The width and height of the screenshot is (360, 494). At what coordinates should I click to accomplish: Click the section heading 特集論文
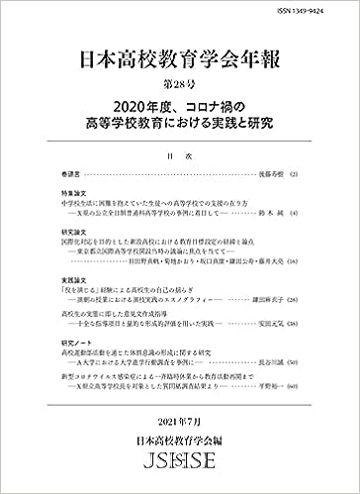coord(71,190)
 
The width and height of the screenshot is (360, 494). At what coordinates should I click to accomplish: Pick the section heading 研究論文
coord(71,233)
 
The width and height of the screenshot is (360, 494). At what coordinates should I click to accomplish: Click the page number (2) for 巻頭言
coord(294,172)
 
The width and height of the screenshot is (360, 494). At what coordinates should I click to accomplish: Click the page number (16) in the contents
coord(293,264)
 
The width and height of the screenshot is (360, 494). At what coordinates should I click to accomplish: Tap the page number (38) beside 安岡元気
coord(293,327)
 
